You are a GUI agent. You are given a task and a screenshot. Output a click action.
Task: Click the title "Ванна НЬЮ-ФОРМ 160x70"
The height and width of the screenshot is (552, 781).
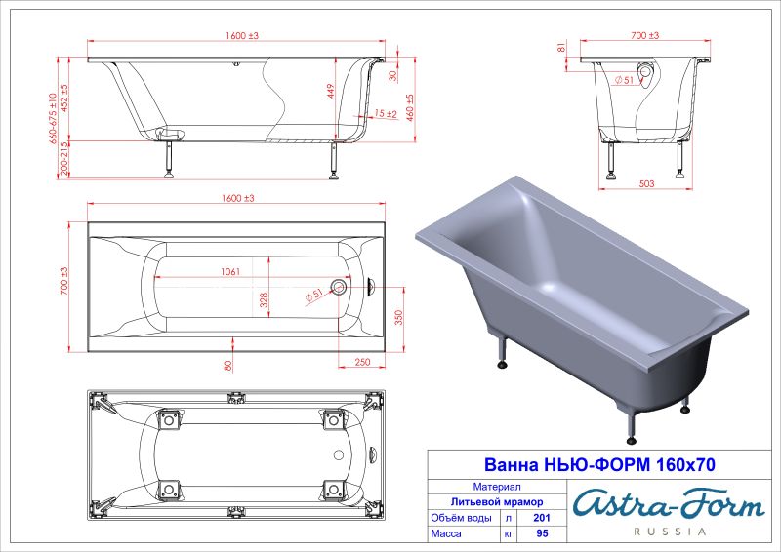599,465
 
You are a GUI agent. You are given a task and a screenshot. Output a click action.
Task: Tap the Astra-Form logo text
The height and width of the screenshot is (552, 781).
668,505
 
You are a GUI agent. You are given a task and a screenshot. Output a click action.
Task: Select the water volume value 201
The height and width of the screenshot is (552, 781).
530,519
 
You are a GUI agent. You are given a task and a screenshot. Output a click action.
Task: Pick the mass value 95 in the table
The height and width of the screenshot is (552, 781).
530,536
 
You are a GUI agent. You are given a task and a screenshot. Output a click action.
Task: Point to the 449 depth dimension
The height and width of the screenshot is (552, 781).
331,92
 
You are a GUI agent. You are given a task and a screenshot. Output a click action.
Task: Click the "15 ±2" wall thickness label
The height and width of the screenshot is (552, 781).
384,114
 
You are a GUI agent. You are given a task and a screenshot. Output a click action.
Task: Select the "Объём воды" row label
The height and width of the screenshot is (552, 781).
462,519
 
